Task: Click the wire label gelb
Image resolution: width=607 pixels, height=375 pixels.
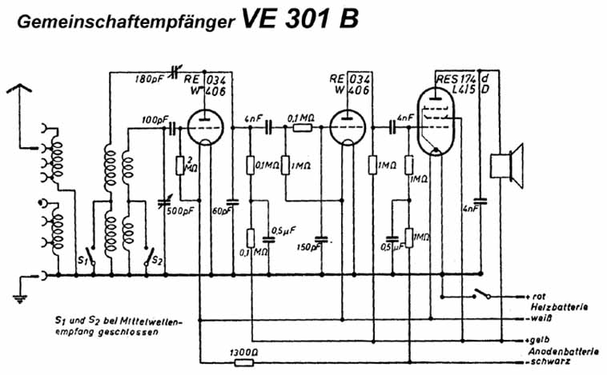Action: [536, 338]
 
